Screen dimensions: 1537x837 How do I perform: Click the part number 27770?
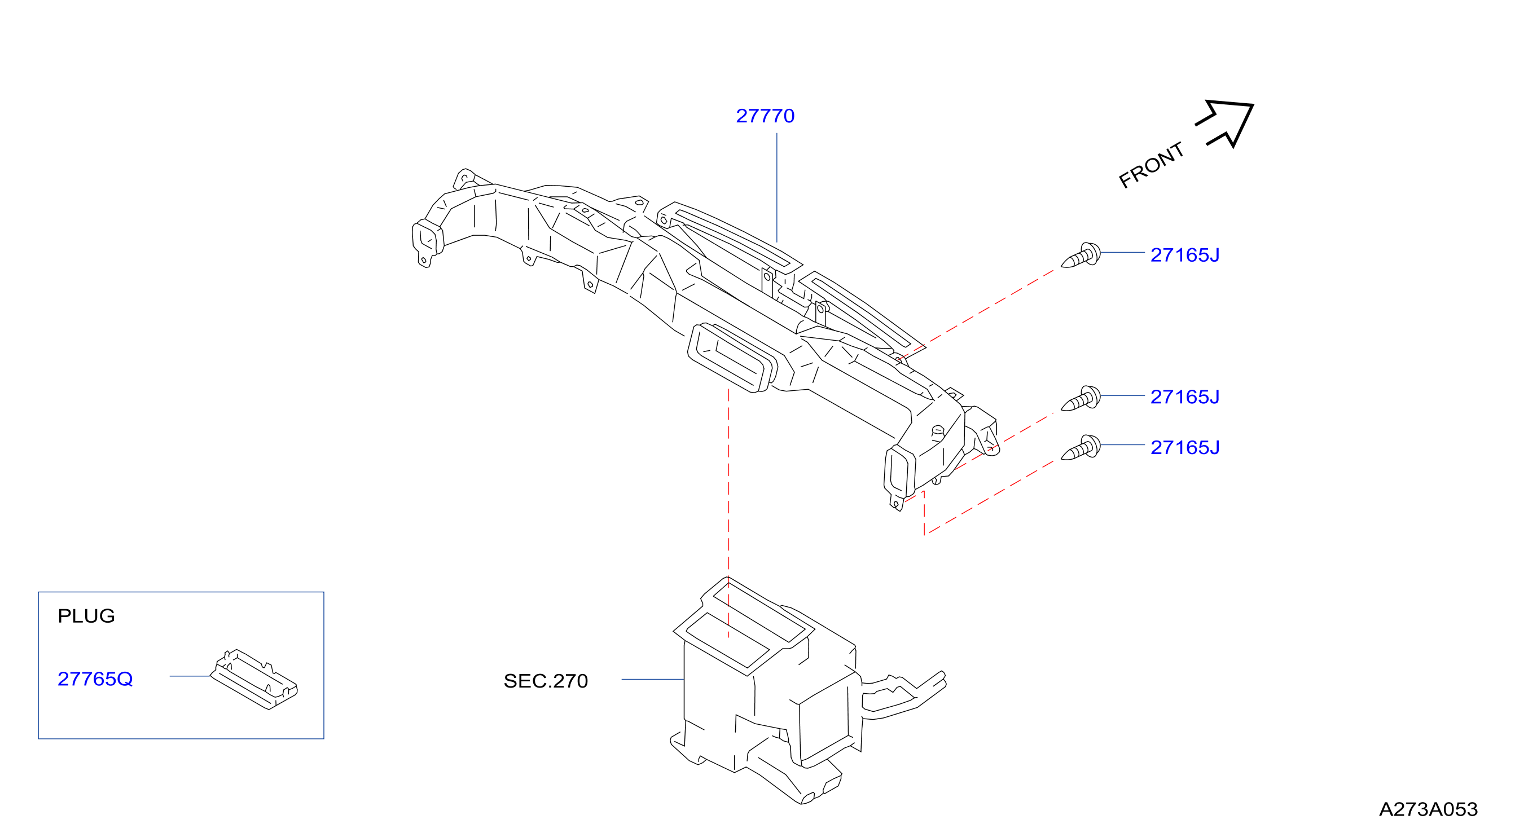tap(765, 116)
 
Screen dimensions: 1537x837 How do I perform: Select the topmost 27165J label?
tap(1185, 255)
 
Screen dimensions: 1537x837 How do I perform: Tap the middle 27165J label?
tap(1185, 397)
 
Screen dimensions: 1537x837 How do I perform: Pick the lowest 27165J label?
tap(1185, 447)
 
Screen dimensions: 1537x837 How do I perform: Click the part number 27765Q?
tap(95, 679)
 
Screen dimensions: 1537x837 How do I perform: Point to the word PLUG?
tap(86, 616)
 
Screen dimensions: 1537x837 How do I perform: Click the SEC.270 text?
tap(546, 681)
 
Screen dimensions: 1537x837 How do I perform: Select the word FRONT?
tap(1151, 165)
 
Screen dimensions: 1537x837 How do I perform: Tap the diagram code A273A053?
tap(1429, 809)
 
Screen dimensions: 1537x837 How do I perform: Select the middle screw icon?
tap(1081, 399)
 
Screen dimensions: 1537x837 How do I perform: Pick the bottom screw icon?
tap(1081, 447)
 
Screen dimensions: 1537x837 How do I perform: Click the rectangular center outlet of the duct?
tap(733, 358)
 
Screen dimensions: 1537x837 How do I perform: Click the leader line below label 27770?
tap(777, 187)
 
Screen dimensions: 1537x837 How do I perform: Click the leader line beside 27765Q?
tap(190, 676)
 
